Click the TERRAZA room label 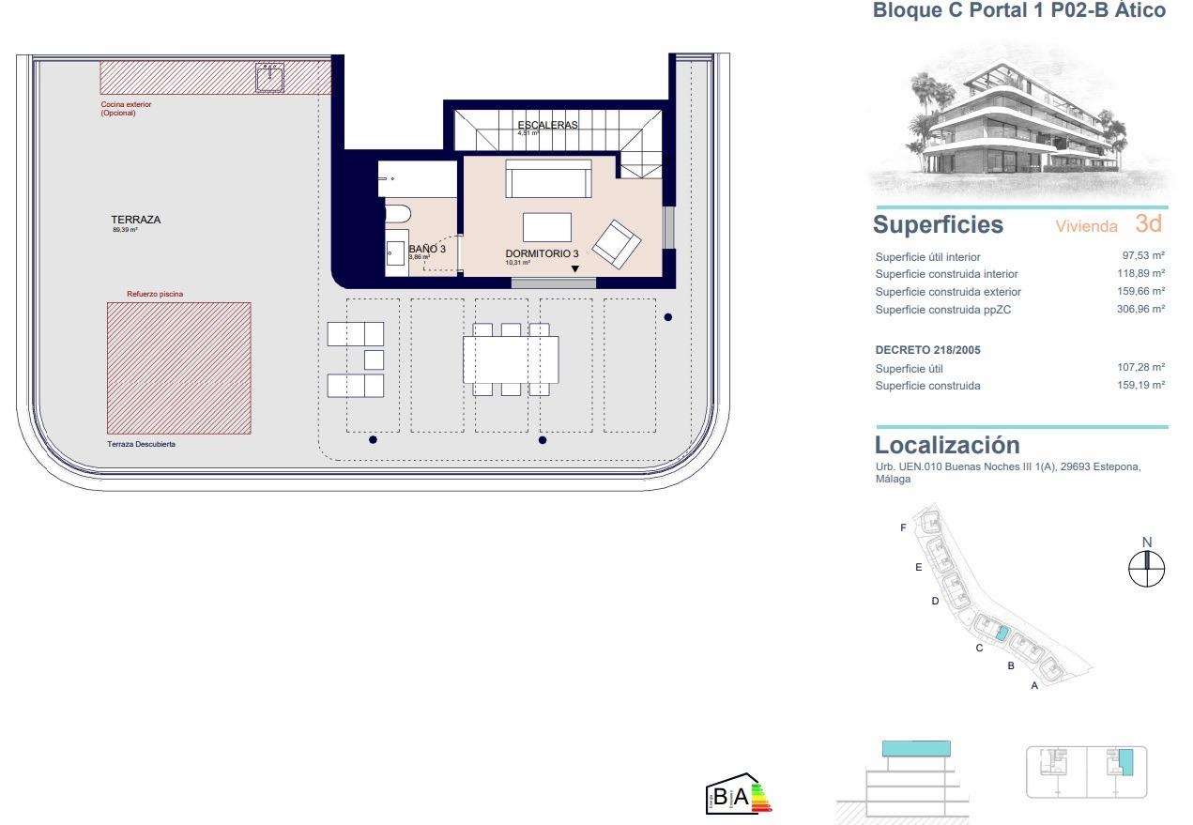click(136, 220)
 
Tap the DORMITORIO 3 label click(542, 253)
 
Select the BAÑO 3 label click(426, 249)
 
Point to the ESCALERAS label click(547, 125)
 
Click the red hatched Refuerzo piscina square click(178, 367)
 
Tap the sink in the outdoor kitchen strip click(270, 78)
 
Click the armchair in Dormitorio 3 click(617, 243)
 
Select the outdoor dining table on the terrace click(511, 359)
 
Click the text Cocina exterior click(126, 104)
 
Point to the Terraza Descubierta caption click(141, 444)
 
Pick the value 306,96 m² click(1140, 309)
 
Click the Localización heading click(947, 445)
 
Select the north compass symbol click(1146, 567)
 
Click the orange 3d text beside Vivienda click(1148, 223)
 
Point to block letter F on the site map click(903, 527)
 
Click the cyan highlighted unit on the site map click(1002, 634)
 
